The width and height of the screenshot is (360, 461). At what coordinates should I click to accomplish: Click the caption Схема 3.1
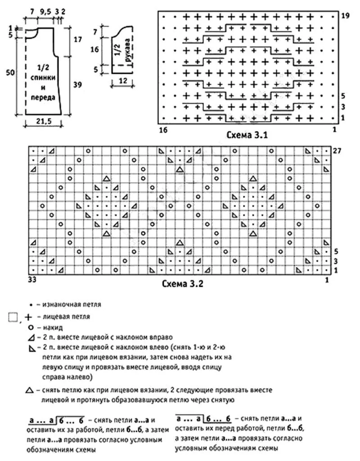coord(247,135)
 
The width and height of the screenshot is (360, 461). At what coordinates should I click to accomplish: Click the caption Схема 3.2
coord(183,284)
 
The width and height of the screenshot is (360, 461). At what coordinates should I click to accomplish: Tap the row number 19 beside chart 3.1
coord(345,16)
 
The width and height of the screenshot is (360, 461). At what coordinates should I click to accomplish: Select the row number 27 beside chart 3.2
coord(337,151)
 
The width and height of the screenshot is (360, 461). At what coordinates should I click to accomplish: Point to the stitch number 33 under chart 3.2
coord(32,279)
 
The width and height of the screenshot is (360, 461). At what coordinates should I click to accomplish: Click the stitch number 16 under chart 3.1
coord(163,130)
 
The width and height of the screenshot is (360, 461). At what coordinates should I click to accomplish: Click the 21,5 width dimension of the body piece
coord(43,121)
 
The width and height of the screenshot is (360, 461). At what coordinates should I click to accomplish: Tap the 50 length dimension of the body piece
coord(11,72)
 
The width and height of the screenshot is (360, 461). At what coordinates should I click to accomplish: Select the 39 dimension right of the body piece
coord(77,85)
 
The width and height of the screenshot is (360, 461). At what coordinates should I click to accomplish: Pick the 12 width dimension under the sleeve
coord(123,80)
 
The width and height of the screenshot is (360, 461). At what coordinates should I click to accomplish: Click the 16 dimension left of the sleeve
coord(94,49)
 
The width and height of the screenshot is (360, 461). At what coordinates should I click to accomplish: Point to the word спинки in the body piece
coord(43,77)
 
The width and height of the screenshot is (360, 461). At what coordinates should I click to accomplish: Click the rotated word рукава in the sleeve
coord(128,50)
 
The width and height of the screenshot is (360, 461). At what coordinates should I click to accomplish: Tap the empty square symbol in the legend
coord(13,317)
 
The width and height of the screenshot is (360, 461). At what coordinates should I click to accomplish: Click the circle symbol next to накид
coord(30,327)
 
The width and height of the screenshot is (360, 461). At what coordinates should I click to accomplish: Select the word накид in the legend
coord(53,327)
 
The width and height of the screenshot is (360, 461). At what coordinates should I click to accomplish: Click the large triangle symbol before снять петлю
coord(29,390)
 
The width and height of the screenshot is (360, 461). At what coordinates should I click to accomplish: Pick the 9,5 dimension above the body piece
coord(45,12)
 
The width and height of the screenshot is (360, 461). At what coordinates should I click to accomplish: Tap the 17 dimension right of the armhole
coord(77,39)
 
